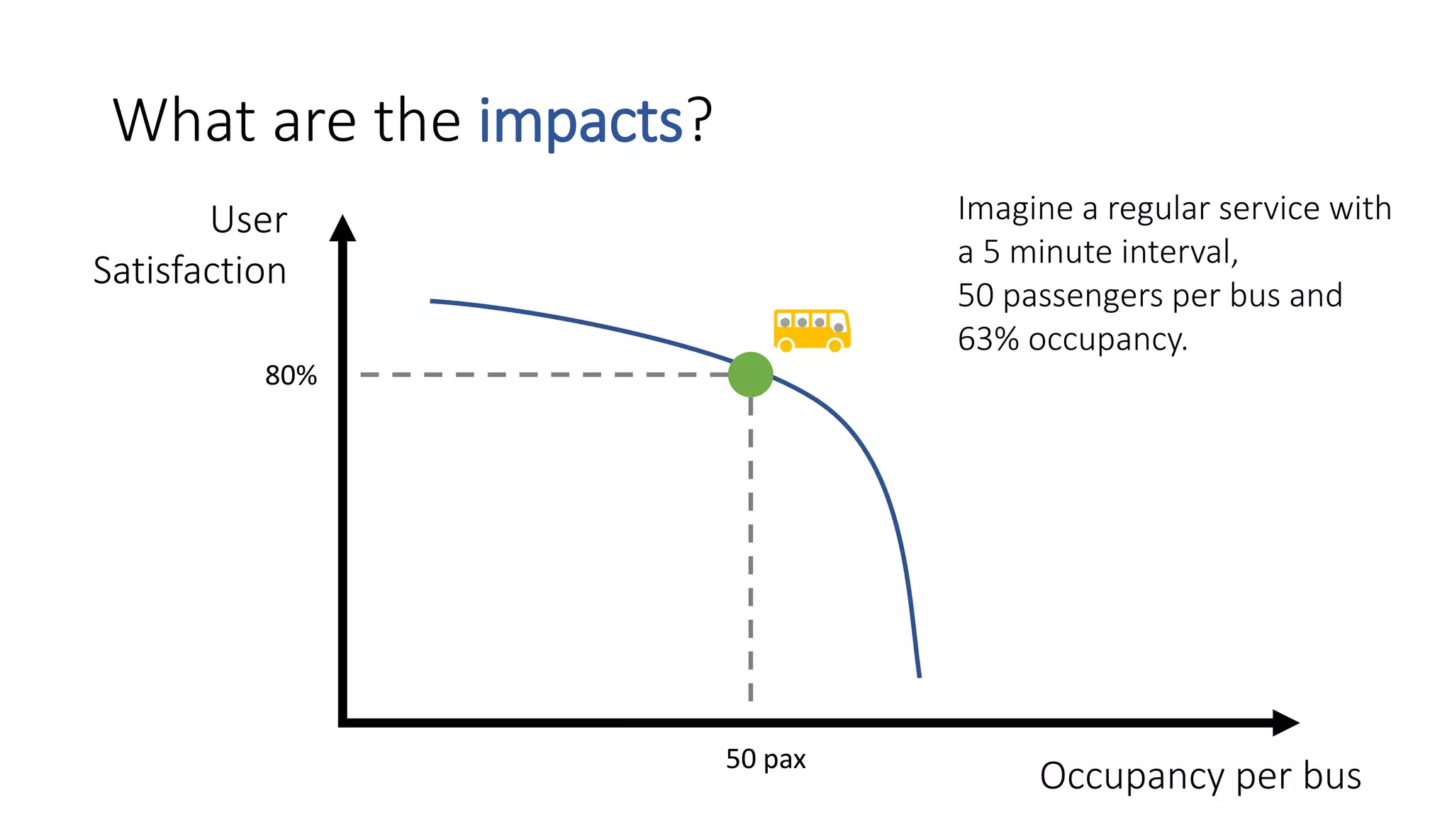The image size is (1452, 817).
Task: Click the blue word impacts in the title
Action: tap(580, 122)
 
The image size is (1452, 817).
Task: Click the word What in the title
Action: tap(184, 121)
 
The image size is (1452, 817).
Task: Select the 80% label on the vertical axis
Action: tap(291, 375)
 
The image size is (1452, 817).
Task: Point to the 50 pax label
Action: tap(766, 759)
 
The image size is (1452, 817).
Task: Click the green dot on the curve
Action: tap(750, 374)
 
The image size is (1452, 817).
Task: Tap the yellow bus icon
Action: tap(811, 330)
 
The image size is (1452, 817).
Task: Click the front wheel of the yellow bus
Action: tap(836, 345)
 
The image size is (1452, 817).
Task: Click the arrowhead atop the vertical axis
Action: tap(342, 228)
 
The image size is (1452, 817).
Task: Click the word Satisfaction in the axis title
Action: tap(189, 271)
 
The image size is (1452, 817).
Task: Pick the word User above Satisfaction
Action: tap(248, 220)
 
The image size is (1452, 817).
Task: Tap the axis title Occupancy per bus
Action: tap(1200, 776)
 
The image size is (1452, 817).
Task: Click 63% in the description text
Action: tap(988, 339)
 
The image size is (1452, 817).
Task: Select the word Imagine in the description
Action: tap(1015, 209)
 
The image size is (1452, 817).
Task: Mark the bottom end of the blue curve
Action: tap(920, 676)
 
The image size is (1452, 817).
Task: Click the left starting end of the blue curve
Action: tap(432, 301)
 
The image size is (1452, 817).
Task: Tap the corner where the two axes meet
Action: tap(343, 723)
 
